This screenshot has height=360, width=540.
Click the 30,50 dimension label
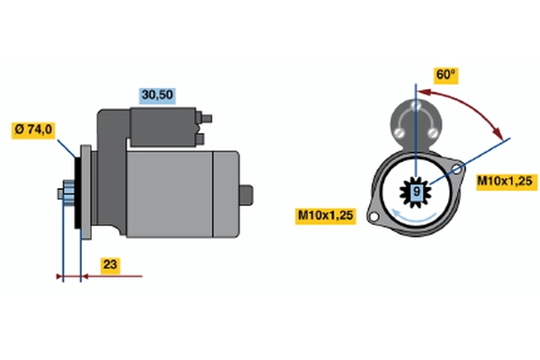click(157, 95)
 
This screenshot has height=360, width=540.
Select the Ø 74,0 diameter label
click(33, 130)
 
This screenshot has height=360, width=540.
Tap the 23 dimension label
click(110, 265)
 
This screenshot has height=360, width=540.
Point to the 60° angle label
click(445, 75)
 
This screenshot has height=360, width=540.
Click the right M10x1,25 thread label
click(506, 181)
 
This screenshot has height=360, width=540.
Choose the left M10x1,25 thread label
click(326, 216)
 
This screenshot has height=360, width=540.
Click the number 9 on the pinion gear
click(417, 191)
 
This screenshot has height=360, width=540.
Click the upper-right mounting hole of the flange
click(456, 169)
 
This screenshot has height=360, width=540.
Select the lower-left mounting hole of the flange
click(373, 218)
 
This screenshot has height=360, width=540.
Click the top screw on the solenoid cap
click(416, 104)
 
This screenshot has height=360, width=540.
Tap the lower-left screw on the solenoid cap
click(399, 132)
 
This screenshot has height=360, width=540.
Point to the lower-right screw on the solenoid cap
click(432, 132)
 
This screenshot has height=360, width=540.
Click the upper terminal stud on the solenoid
click(204, 118)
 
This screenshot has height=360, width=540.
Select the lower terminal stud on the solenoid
click(200, 139)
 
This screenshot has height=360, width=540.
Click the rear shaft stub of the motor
click(246, 195)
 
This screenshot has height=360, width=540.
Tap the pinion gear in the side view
click(68, 193)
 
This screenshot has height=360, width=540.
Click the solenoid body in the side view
click(163, 127)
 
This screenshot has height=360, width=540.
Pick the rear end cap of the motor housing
click(226, 194)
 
